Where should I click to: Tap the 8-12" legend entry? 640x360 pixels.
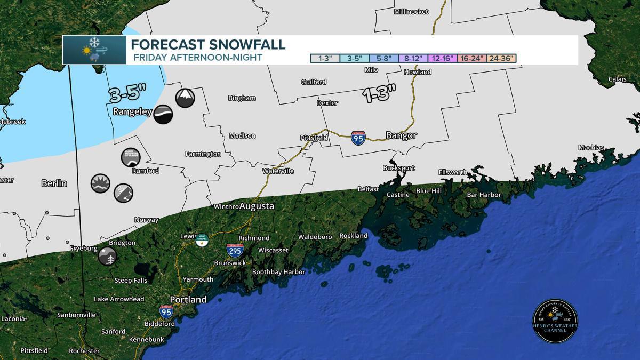click(413, 58)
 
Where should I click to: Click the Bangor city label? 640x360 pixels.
click(401, 136)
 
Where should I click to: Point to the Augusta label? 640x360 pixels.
click(257, 206)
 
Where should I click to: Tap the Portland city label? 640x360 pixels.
click(188, 300)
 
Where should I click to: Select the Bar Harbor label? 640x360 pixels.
click(484, 195)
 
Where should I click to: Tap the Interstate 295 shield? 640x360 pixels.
click(235, 250)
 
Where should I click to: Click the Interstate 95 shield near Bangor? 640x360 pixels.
click(358, 138)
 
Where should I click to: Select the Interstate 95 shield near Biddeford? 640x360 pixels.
click(166, 311)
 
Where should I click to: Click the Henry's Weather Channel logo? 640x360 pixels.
click(555, 321)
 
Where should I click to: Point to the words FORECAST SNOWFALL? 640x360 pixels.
click(208, 44)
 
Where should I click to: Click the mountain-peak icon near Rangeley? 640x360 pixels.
click(185, 98)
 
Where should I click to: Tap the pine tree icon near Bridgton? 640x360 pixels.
click(107, 256)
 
